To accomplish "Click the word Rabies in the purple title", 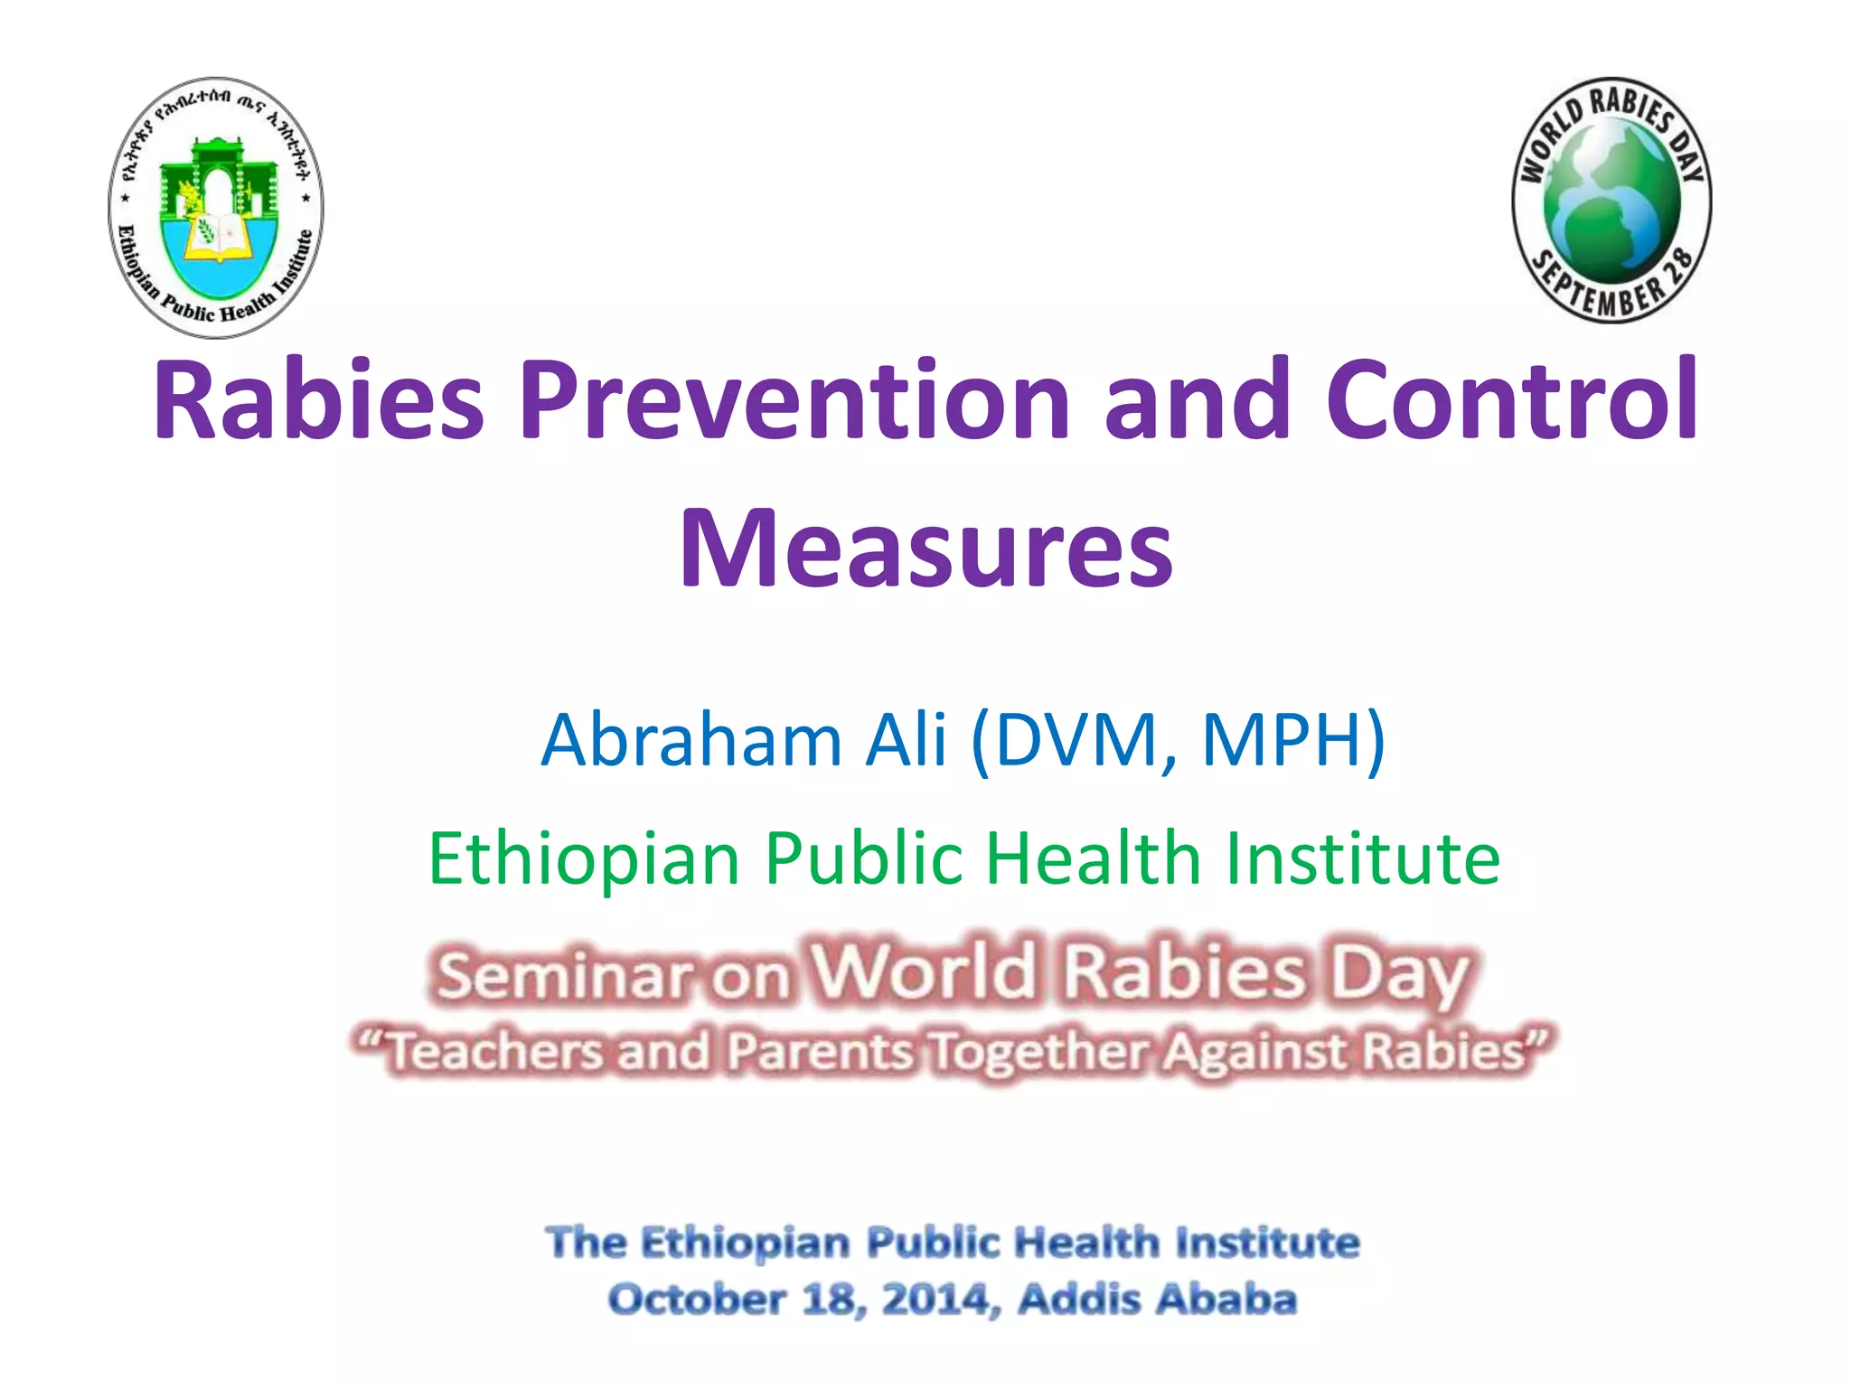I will pyautogui.click(x=319, y=399).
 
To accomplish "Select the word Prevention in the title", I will pyautogui.click(x=794, y=399).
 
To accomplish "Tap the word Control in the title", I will pyautogui.click(x=1512, y=399).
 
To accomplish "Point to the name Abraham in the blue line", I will pyautogui.click(x=691, y=740).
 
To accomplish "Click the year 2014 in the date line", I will pyautogui.click(x=935, y=1299).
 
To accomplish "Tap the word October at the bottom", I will pyautogui.click(x=697, y=1299).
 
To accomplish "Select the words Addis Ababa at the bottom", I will pyautogui.click(x=1157, y=1299).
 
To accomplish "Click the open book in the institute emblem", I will pyautogui.click(x=217, y=237).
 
